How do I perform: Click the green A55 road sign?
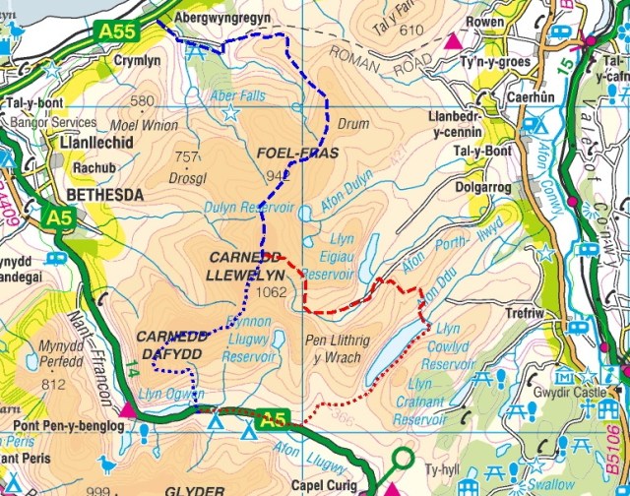(x=117, y=32)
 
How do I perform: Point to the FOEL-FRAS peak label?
(x=297, y=154)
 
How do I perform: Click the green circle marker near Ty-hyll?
(x=402, y=457)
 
